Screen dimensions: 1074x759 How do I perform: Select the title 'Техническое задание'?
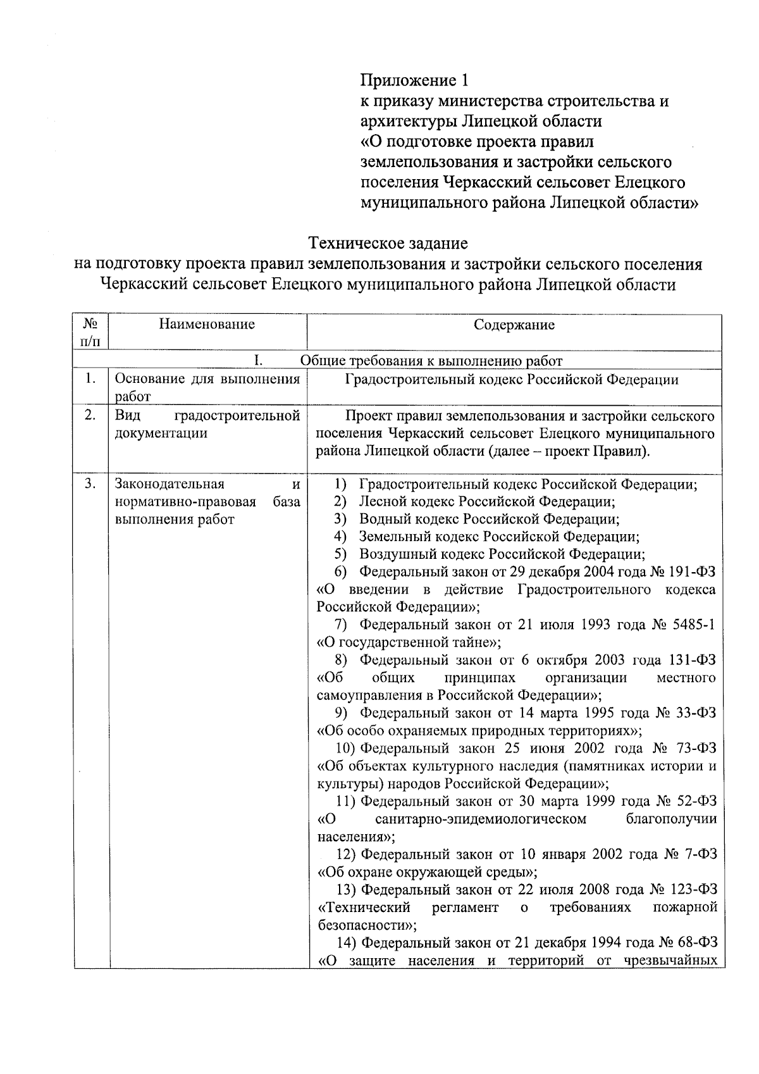click(388, 243)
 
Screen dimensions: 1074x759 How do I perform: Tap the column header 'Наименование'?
click(207, 325)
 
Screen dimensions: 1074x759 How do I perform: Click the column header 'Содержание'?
click(514, 325)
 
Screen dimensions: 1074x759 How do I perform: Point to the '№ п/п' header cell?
click(90, 333)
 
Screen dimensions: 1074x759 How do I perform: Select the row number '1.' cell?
click(90, 380)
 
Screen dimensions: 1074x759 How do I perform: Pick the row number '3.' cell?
click(90, 485)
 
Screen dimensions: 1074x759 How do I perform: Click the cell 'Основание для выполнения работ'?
click(207, 387)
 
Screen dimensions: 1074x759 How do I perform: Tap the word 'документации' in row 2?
click(161, 434)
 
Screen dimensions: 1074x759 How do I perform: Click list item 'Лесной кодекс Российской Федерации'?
click(487, 502)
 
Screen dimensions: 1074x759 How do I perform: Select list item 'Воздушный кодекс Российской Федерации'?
click(502, 555)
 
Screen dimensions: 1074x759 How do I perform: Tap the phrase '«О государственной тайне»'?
click(409, 643)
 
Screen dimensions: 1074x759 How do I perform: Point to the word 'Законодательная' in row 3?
click(170, 485)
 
